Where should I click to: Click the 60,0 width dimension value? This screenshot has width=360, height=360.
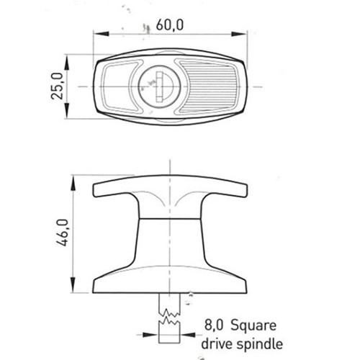tap(167, 24)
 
